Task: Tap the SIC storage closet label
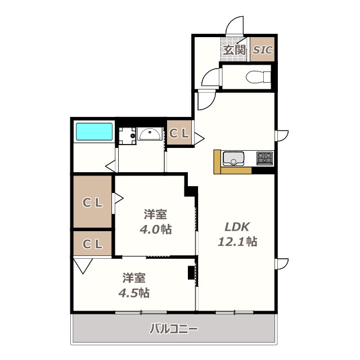point(262,50)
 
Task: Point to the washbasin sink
point(149,134)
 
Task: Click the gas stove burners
point(264,159)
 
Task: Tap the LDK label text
point(237,227)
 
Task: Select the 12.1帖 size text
point(237,242)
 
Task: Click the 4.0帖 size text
point(155,229)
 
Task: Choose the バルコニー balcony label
point(173,329)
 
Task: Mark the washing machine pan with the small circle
point(127,136)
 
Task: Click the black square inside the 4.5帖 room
point(191,272)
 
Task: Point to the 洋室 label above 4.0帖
point(155,214)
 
